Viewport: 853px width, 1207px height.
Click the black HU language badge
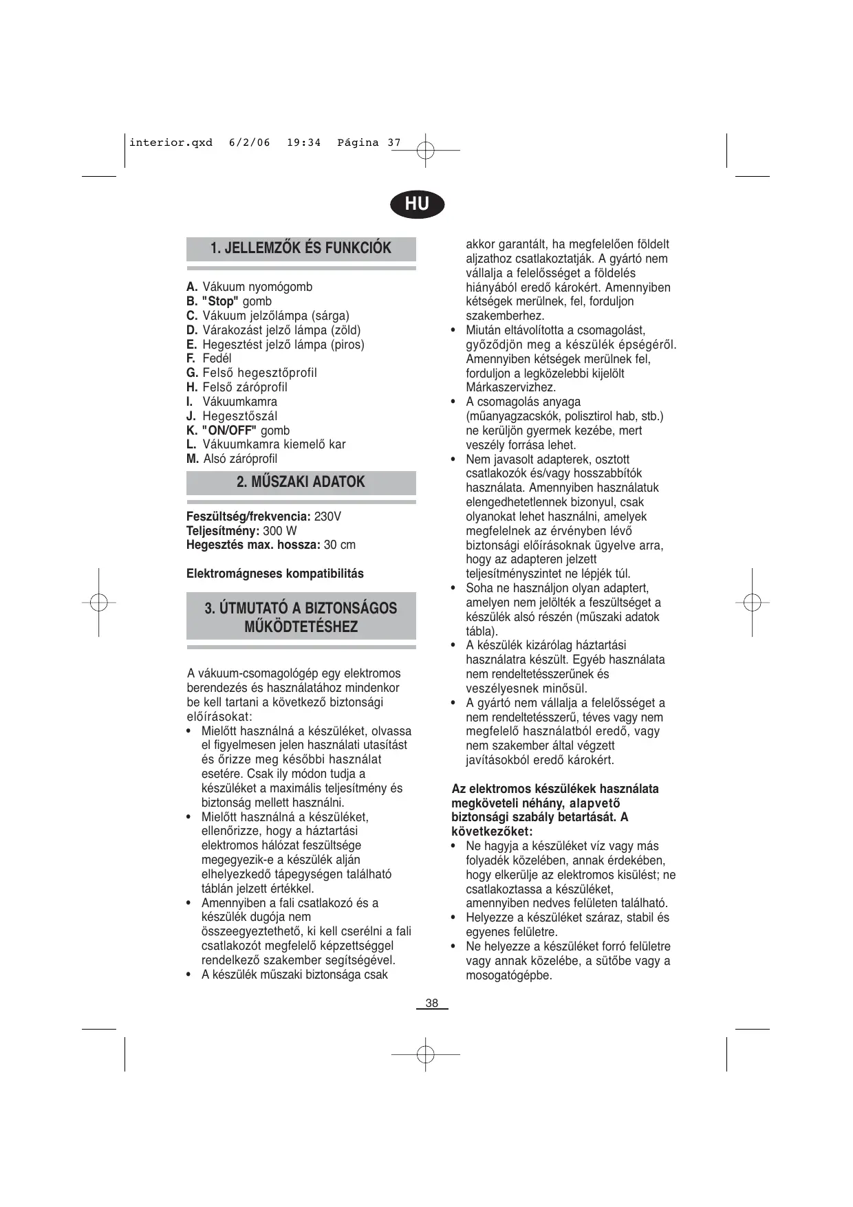click(417, 204)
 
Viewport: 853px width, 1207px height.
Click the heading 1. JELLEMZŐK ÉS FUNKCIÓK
click(301, 248)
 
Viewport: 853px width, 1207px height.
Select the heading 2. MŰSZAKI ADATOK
click(301, 482)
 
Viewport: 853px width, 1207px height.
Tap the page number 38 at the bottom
click(431, 1003)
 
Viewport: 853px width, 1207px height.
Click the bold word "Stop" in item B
click(219, 301)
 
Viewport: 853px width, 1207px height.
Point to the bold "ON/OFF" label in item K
click(229, 431)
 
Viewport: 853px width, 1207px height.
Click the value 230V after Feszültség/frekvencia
click(327, 516)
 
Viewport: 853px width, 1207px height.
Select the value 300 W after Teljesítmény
click(280, 531)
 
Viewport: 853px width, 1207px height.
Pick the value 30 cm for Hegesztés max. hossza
click(339, 545)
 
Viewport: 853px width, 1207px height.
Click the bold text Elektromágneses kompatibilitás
click(275, 574)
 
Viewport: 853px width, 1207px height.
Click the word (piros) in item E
click(347, 345)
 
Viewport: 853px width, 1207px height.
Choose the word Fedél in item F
click(217, 358)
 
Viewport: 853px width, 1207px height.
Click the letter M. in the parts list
click(193, 459)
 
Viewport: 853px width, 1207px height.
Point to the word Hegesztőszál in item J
click(240, 416)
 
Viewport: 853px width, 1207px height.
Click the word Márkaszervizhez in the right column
click(510, 388)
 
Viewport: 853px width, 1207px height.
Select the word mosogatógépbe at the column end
click(509, 975)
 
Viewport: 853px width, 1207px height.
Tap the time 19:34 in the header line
click(303, 143)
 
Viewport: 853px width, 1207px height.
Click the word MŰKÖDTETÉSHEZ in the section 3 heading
click(301, 627)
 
